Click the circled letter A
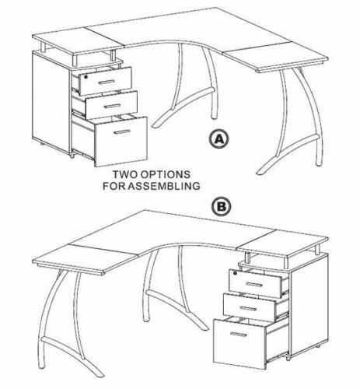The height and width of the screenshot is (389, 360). click(219, 139)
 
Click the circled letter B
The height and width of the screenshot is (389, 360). click(221, 206)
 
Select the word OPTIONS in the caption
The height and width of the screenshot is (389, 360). click(164, 174)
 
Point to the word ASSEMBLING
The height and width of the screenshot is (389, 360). click(164, 186)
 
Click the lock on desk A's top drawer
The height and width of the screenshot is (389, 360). click(86, 77)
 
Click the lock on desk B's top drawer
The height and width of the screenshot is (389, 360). click(236, 273)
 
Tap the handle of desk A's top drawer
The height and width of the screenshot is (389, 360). click(107, 82)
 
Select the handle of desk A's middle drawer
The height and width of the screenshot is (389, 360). click(113, 106)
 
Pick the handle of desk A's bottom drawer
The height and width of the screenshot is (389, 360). click(122, 132)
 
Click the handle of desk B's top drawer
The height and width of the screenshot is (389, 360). click(254, 285)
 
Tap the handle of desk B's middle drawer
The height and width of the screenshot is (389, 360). click(249, 308)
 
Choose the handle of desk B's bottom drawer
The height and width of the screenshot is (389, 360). click(239, 335)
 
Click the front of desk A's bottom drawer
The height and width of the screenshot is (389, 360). click(121, 142)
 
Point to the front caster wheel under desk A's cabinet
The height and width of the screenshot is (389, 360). click(72, 156)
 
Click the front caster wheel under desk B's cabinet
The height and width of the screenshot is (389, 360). click(287, 359)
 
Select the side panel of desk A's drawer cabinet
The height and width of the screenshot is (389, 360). click(51, 103)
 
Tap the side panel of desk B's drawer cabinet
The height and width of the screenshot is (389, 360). click(309, 305)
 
